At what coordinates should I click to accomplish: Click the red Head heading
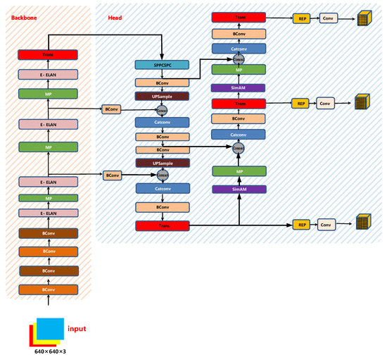[115, 15]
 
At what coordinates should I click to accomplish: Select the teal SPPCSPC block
[162, 65]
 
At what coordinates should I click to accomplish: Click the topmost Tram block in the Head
[239, 16]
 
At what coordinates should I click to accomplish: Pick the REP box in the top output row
[300, 16]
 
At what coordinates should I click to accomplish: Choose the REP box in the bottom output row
[300, 225]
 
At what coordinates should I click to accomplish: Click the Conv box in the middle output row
[324, 104]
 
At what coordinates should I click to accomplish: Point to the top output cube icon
[364, 18]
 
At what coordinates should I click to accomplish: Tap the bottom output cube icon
[363, 223]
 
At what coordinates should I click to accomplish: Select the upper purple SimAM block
[239, 88]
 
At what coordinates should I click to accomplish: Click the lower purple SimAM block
[239, 190]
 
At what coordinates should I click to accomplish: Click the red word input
[77, 328]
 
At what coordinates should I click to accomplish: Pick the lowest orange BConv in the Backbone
[48, 290]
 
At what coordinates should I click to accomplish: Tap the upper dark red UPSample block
[162, 96]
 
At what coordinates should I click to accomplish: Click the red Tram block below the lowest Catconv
[162, 225]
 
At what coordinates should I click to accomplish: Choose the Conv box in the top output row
[328, 16]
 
